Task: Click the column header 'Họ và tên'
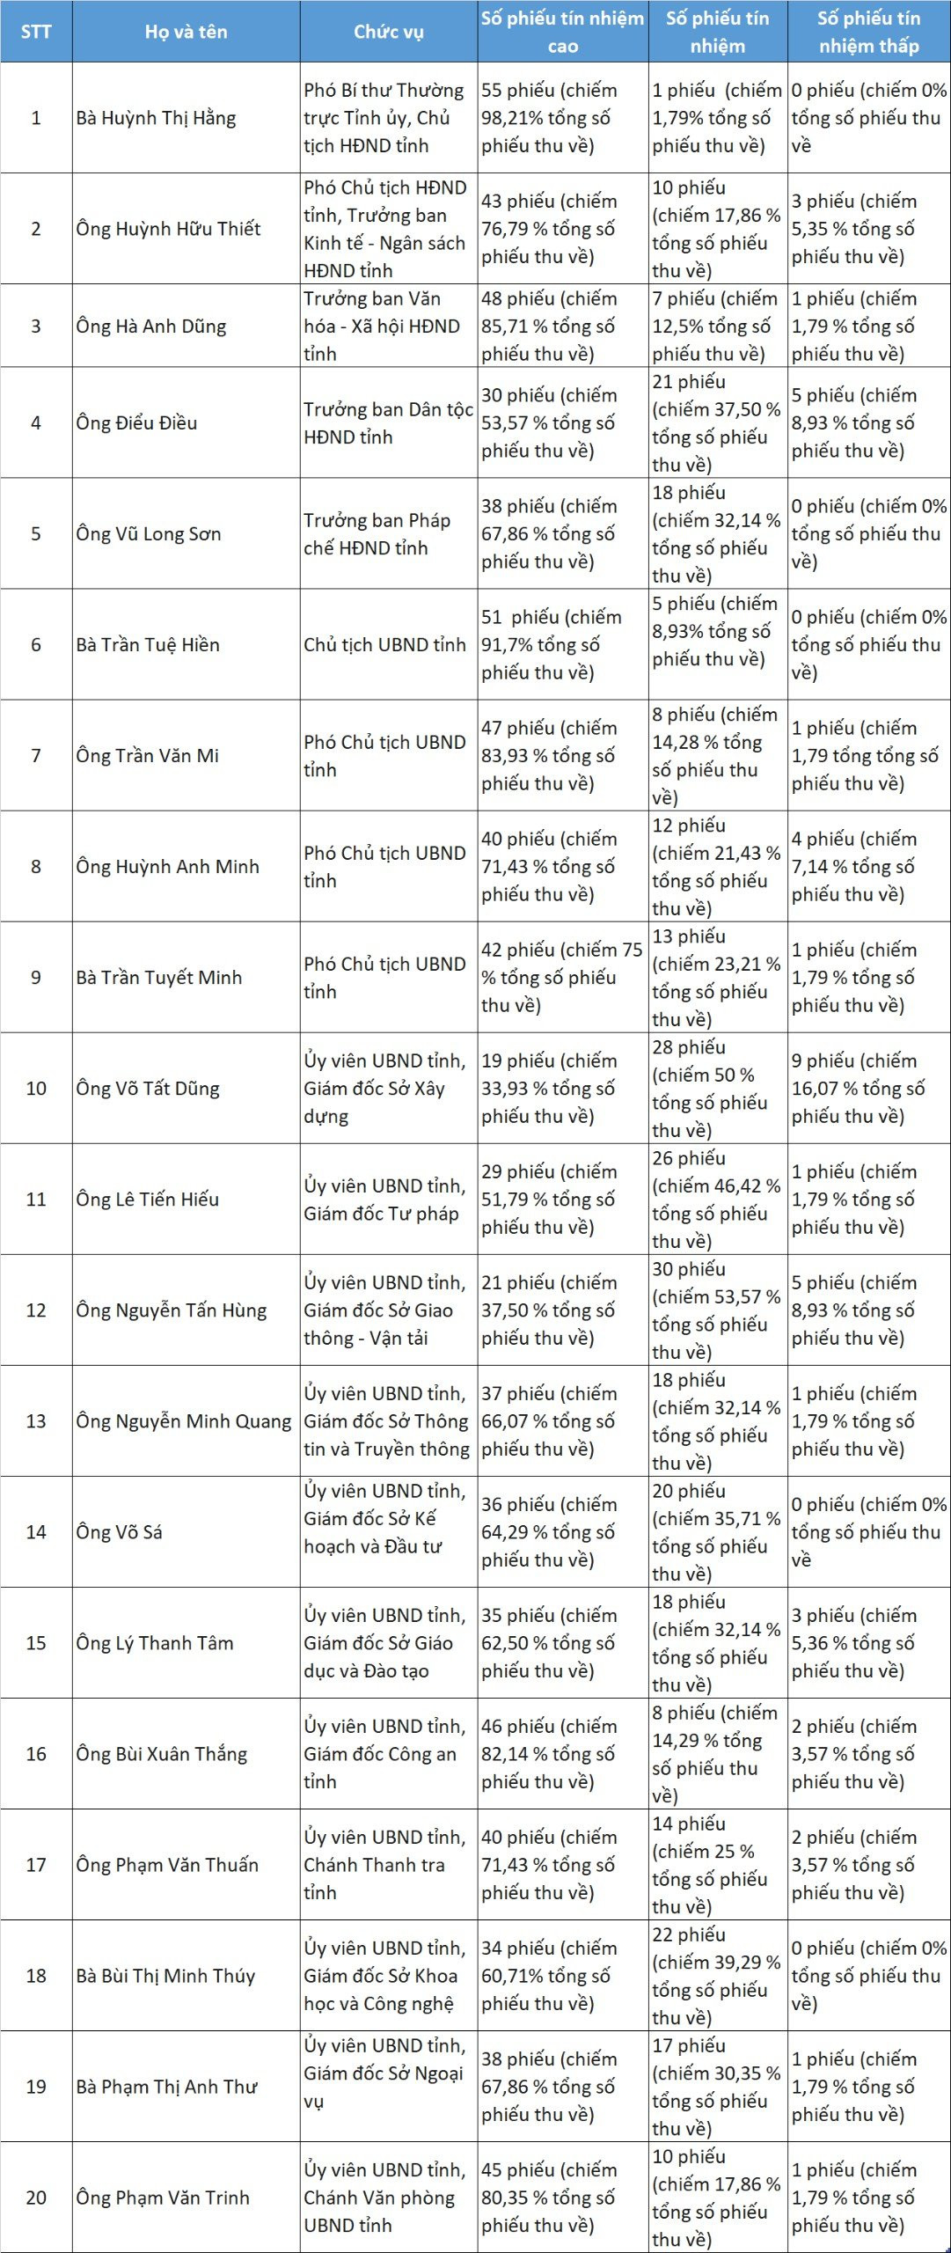[186, 32]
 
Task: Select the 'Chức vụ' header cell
[388, 32]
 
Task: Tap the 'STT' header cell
[36, 32]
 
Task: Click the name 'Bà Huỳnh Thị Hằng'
[156, 118]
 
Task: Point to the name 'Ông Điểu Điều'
[136, 422]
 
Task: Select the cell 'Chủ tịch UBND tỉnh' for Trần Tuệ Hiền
[384, 644]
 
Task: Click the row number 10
[36, 1088]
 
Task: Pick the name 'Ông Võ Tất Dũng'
[147, 1088]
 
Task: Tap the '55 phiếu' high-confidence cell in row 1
[549, 118]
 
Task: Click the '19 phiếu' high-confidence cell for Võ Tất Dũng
[549, 1088]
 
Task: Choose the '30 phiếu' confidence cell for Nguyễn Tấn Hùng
[716, 1310]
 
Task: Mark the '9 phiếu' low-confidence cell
[857, 1088]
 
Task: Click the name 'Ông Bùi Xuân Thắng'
[161, 1753]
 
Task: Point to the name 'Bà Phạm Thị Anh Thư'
[166, 2086]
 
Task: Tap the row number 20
[36, 2197]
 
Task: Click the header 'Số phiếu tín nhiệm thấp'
[868, 32]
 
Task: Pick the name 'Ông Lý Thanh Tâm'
[154, 1642]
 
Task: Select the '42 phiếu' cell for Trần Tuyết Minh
[561, 977]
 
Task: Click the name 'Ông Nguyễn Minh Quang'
[183, 1420]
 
